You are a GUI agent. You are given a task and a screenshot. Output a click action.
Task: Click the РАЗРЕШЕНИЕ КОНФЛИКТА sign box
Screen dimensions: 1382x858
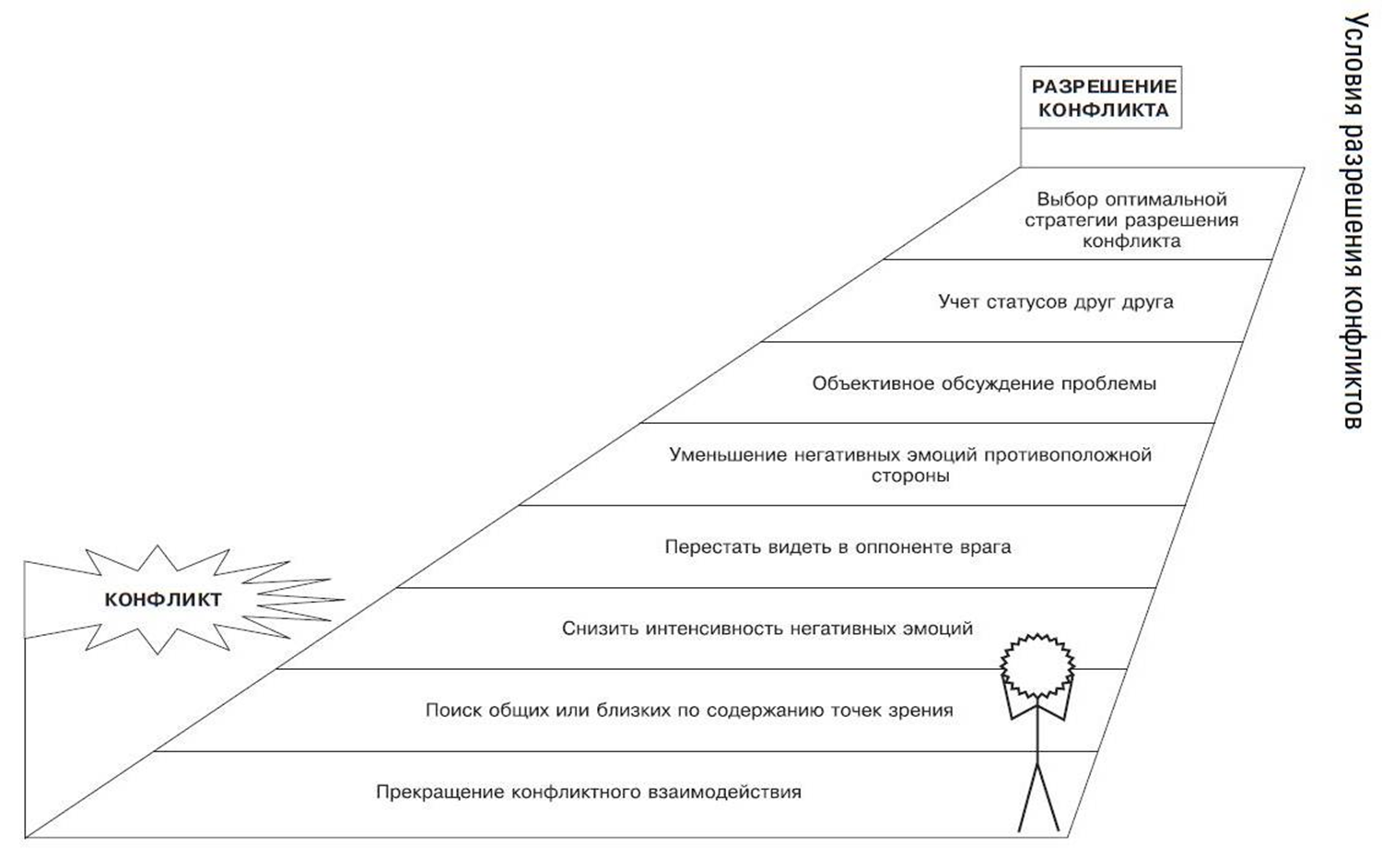(1101, 98)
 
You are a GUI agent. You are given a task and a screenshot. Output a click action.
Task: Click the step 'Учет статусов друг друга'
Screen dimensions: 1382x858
(1056, 302)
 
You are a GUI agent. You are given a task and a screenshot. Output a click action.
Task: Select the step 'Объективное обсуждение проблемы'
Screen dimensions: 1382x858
(984, 383)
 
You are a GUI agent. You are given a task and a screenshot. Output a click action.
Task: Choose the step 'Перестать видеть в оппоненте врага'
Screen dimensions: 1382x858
(837, 547)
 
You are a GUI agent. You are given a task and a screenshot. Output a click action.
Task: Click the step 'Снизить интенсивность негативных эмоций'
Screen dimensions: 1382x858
(767, 629)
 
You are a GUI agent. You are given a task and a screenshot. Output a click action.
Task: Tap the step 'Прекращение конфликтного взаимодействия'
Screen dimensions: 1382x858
(589, 792)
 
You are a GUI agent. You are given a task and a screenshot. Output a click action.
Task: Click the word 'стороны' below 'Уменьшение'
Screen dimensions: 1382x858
(910, 476)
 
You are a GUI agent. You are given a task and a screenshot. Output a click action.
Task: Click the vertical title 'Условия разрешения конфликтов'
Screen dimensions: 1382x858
(1355, 220)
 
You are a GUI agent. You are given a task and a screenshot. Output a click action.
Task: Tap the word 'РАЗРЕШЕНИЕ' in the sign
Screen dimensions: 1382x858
(1105, 86)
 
